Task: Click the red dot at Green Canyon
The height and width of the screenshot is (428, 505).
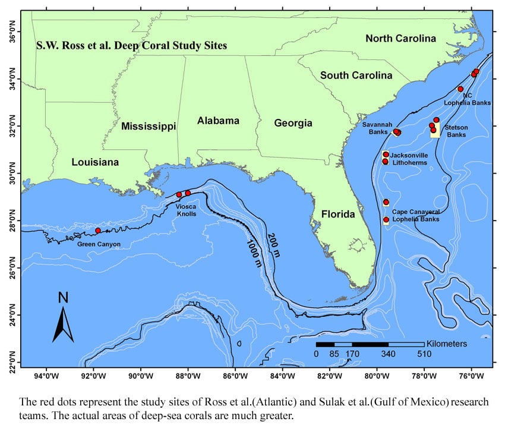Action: point(98,230)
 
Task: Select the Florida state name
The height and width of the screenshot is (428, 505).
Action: point(334,214)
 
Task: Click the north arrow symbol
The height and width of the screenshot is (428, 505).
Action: point(63,317)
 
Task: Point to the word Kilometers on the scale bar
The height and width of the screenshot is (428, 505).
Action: point(447,344)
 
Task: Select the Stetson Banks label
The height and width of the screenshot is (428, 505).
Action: point(457,131)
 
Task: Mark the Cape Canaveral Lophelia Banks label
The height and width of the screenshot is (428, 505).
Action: point(416,215)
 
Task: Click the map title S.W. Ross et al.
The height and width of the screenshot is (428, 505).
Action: point(132,45)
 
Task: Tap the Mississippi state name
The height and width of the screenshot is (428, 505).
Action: point(149,126)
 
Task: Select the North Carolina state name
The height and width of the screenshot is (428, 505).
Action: point(400,39)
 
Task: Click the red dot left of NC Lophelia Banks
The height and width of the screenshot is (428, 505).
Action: point(460,89)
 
